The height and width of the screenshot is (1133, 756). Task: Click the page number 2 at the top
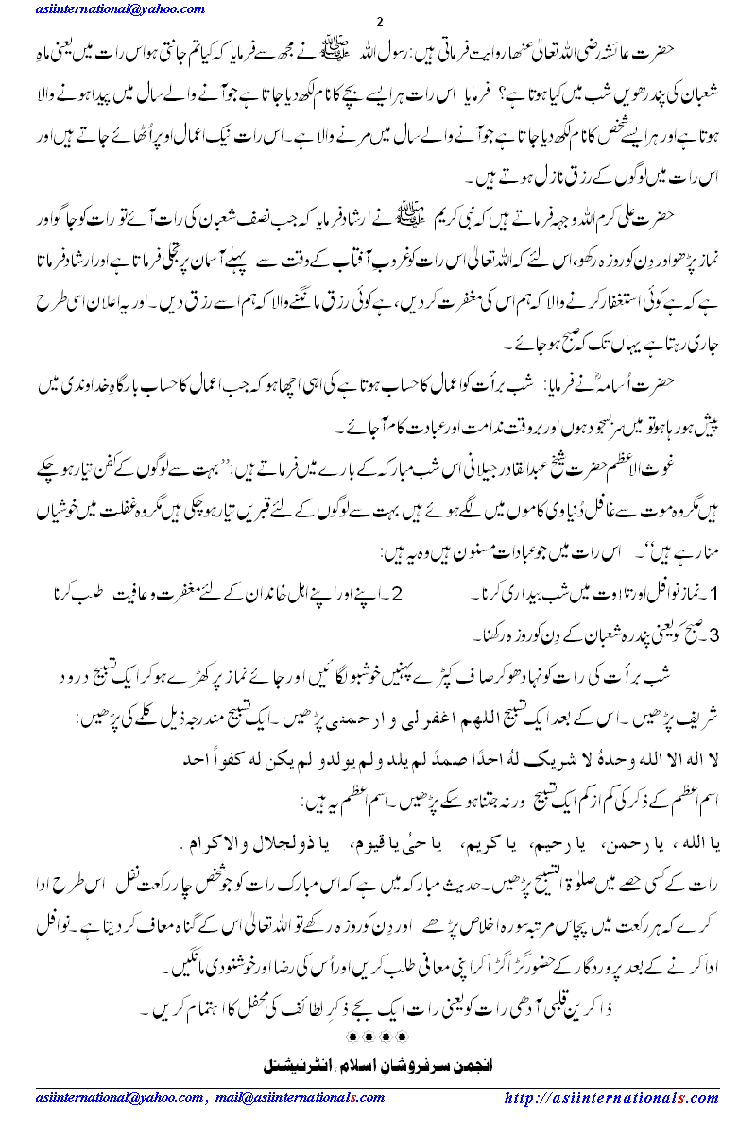tap(379, 22)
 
